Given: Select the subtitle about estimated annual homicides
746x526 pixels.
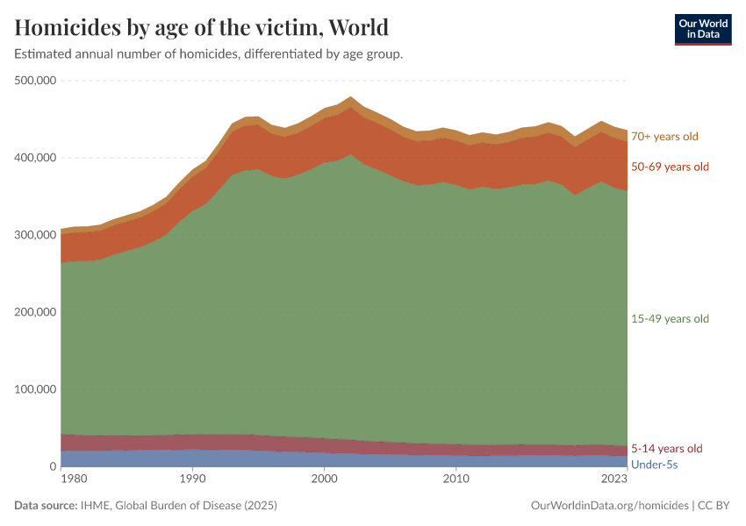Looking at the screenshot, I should point(209,54).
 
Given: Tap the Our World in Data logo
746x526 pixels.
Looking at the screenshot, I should point(702,29).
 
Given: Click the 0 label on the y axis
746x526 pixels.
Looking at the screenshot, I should point(52,466).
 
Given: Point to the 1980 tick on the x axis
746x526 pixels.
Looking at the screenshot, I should point(74,480).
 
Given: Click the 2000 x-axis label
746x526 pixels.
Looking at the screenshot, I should point(324,480).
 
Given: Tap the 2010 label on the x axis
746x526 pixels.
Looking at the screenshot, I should point(455,480).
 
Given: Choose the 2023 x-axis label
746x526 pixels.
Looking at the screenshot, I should point(614,480).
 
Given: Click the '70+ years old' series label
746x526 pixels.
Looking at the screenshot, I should point(664,137).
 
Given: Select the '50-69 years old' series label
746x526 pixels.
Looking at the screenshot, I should point(670,167).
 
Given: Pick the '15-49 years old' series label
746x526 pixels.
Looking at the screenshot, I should point(670,319).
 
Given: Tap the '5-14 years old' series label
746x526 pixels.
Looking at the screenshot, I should point(667,449).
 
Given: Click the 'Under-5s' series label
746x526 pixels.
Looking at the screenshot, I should point(654,464).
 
